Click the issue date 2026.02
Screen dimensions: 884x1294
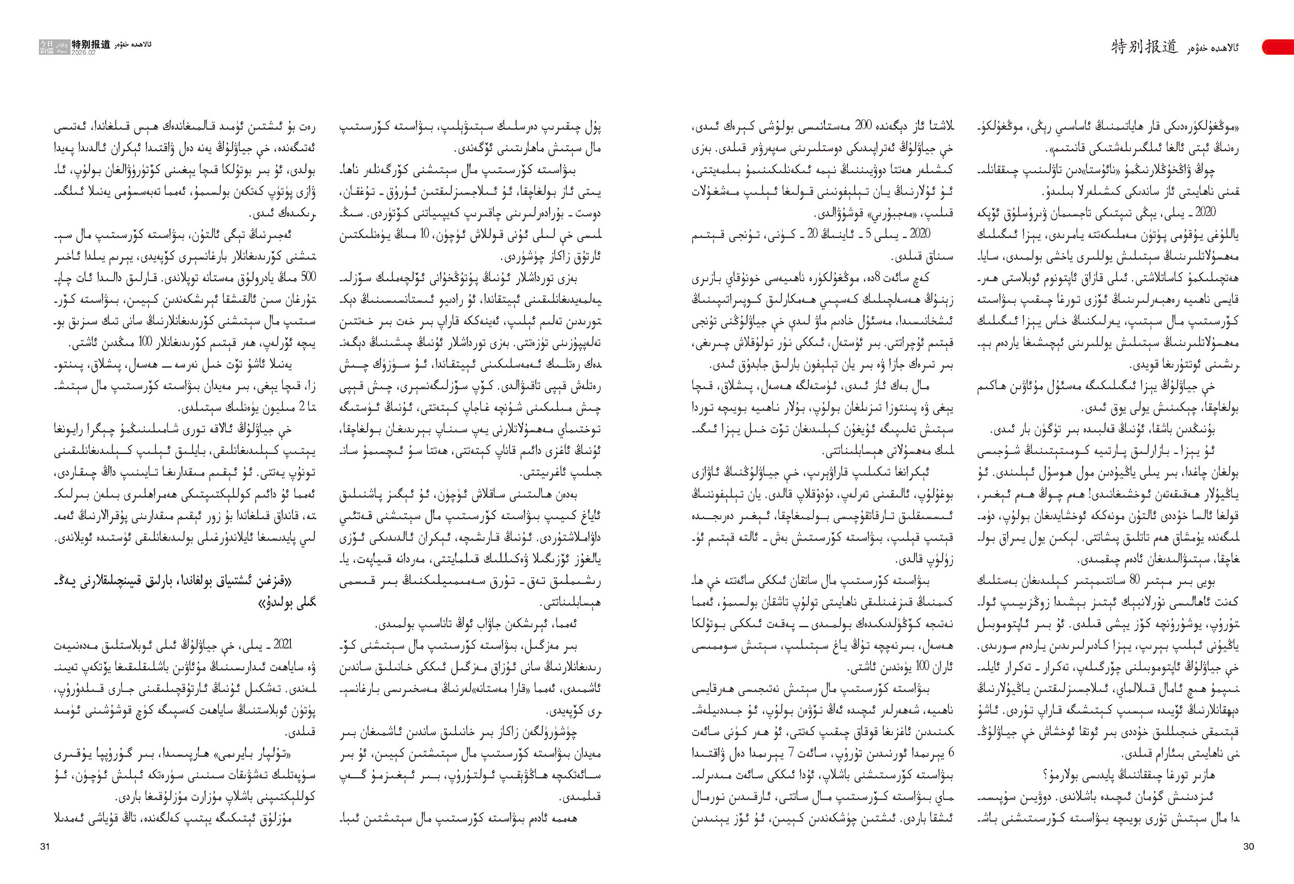pyautogui.click(x=83, y=52)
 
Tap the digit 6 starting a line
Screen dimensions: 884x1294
pyautogui.click(x=951, y=753)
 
